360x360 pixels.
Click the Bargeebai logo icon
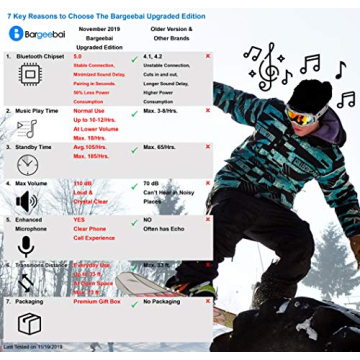(15, 32)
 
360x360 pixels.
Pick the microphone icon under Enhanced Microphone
(26, 245)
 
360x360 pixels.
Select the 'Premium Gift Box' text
(98, 300)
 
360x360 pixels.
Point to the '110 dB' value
(87, 184)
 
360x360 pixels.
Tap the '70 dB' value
(152, 184)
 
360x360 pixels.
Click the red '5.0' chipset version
(79, 56)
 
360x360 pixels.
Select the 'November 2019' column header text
(99, 29)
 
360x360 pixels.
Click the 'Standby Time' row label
(38, 146)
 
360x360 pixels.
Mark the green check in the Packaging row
(133, 301)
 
